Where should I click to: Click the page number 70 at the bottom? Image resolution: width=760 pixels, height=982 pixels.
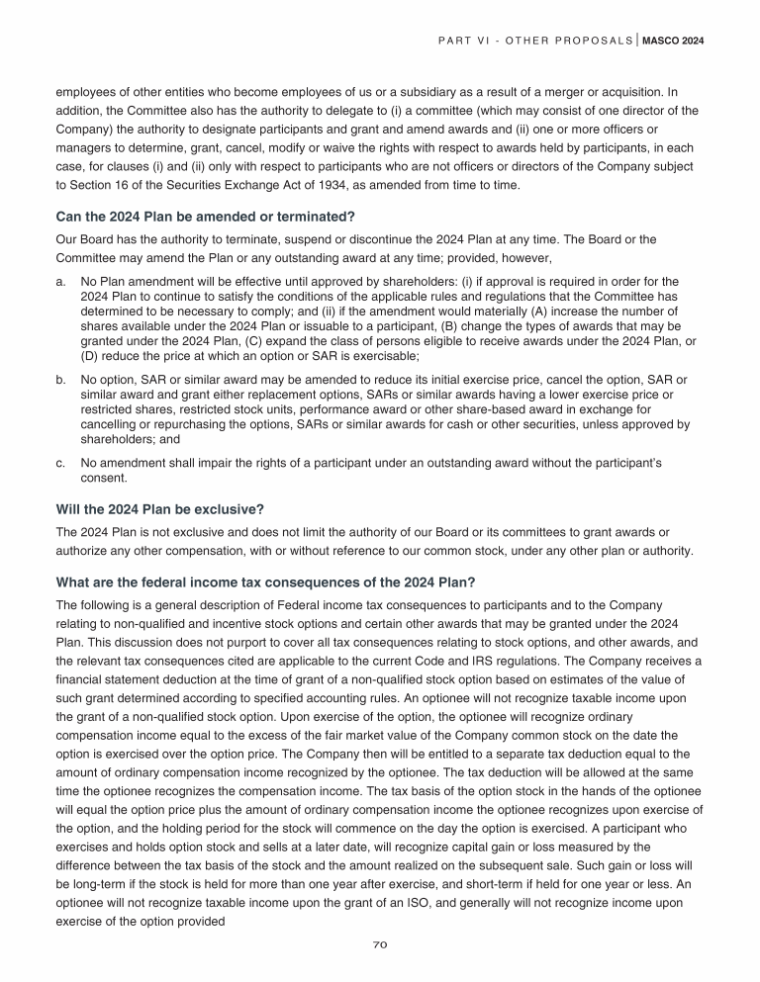tap(379, 944)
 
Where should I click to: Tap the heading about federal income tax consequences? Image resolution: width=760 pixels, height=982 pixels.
tap(266, 581)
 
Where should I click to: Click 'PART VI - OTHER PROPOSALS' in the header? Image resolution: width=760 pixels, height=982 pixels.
tap(534, 42)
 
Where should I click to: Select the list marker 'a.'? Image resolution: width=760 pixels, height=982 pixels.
tap(61, 280)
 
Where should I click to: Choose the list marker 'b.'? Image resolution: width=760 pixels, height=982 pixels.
tap(61, 378)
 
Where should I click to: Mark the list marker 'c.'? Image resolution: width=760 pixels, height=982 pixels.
tap(61, 462)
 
